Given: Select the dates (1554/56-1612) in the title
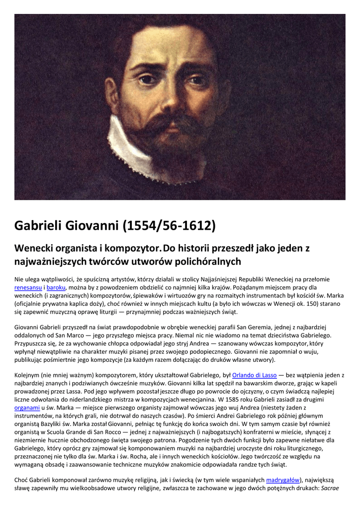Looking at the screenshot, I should coord(169,226).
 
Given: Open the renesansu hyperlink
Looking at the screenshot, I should coord(28,287).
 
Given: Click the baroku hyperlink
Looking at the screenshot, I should coord(57,287).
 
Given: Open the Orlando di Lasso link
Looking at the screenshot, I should coord(255,375).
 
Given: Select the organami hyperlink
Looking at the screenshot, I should coord(27,408).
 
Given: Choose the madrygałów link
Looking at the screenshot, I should coord(282,480).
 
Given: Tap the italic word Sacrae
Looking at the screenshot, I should coord(330,489).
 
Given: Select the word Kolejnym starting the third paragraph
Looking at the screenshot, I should coord(29,375).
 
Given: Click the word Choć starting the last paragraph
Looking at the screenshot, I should coord(21,480).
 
